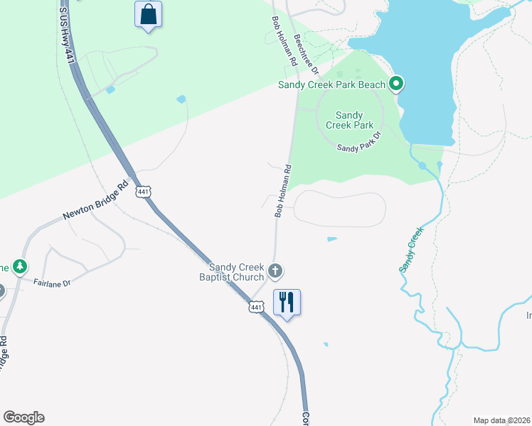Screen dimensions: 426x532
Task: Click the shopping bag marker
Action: (x=148, y=15)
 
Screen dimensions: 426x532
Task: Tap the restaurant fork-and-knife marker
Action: (x=287, y=302)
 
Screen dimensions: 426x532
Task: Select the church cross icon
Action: (x=275, y=271)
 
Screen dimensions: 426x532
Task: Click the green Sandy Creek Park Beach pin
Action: (x=397, y=85)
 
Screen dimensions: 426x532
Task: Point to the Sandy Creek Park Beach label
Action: (x=331, y=85)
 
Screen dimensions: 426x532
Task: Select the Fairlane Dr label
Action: (x=52, y=283)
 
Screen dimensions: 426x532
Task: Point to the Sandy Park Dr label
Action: (x=360, y=143)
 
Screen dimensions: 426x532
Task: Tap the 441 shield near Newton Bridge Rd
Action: (x=144, y=192)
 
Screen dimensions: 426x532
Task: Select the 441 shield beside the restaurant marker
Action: (x=257, y=306)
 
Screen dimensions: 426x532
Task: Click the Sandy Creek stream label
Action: (x=410, y=249)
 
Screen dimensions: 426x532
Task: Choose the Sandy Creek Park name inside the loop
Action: (x=349, y=120)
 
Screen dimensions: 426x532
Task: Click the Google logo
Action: (x=23, y=417)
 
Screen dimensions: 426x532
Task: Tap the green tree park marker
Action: (x=20, y=267)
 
